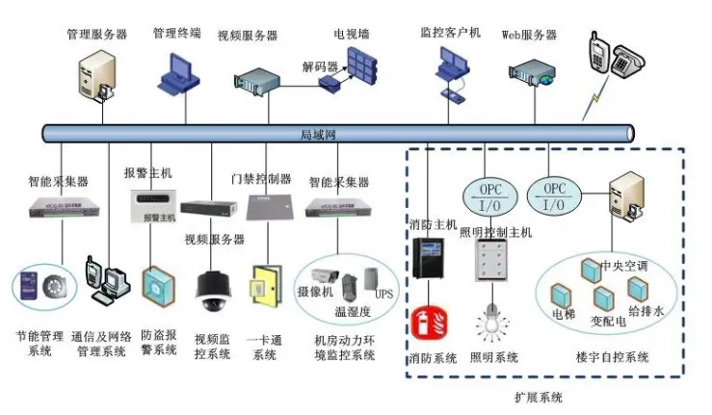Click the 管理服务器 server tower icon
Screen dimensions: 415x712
96,75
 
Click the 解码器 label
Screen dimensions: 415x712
320,67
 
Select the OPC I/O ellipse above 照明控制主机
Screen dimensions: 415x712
485,195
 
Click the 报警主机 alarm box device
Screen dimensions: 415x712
148,201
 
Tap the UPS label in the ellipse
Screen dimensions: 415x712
384,293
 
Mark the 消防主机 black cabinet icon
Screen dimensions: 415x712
426,259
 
